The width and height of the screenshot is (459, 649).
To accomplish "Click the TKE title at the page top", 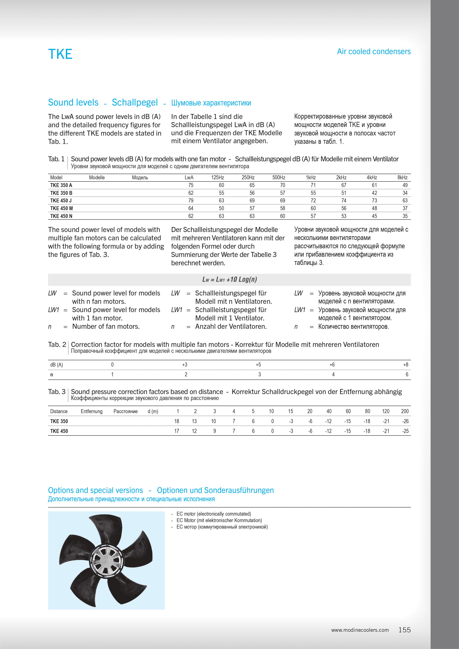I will (60, 54).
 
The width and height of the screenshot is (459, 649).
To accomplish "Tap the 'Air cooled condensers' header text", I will (374, 51).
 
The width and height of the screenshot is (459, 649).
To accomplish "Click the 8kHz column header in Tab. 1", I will (402, 178).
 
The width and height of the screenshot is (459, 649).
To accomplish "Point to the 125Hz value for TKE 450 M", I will (221, 208).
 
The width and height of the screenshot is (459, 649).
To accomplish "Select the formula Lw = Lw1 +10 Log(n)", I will (229, 280).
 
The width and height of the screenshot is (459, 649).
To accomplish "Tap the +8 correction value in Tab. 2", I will (406, 365).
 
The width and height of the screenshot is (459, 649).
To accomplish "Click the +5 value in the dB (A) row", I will (258, 365).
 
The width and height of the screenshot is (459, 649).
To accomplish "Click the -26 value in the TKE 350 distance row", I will (406, 421).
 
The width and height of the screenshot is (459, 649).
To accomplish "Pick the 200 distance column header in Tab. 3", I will (405, 411).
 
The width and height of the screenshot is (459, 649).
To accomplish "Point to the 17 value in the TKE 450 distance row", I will (177, 431).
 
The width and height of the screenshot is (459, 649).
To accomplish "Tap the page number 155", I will (404, 630).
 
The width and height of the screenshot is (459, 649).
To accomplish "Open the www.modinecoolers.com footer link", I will (360, 630).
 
